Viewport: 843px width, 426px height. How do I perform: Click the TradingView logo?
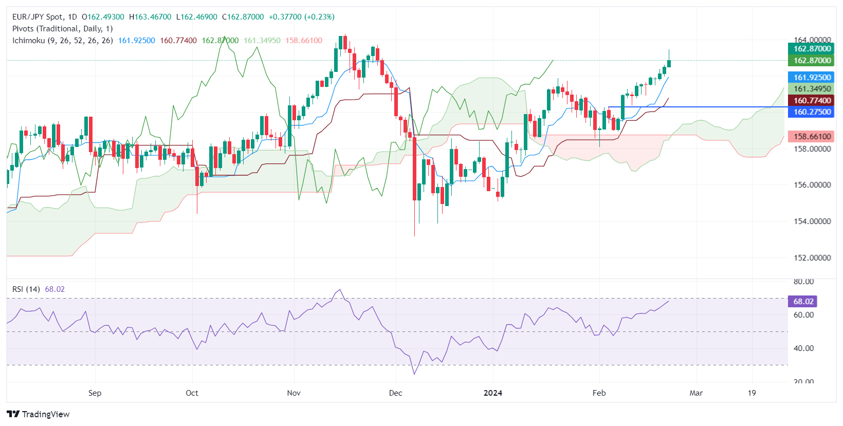(38, 414)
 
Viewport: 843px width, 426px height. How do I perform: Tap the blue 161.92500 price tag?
(812, 78)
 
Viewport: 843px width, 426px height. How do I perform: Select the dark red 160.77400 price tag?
(812, 101)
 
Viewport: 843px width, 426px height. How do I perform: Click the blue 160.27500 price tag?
(812, 112)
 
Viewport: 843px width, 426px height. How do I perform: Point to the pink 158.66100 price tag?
(812, 137)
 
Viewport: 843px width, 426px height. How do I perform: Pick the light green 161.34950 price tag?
(812, 89)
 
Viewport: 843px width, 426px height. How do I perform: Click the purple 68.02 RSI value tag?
(803, 302)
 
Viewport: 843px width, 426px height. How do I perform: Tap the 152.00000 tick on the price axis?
(812, 258)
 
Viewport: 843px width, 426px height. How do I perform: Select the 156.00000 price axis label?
(812, 185)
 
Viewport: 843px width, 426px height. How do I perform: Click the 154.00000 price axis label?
(812, 221)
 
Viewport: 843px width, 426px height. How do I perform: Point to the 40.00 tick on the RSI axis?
(803, 348)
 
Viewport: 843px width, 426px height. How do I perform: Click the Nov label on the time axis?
(294, 393)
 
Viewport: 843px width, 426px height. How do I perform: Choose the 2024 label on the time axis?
(493, 393)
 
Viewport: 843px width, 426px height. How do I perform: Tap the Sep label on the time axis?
(95, 393)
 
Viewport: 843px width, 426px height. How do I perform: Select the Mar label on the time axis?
(696, 393)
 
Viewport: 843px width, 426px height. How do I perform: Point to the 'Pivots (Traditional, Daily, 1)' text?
(62, 29)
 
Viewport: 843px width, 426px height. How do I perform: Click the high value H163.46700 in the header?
(150, 17)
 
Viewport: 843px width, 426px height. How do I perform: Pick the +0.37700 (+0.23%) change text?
(301, 17)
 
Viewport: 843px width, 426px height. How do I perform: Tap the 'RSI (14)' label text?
(26, 289)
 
